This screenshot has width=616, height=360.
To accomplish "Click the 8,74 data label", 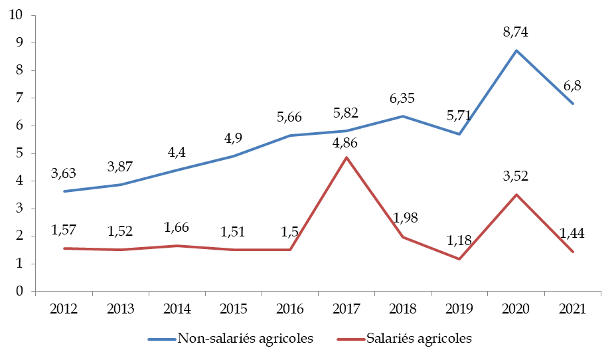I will pyautogui.click(x=516, y=32).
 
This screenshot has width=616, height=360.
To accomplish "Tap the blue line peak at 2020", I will pyautogui.click(x=516, y=50).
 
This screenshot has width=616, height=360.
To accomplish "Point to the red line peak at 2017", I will pyautogui.click(x=346, y=157).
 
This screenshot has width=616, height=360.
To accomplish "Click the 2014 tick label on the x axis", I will pyautogui.click(x=177, y=308).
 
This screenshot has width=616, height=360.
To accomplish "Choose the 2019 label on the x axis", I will pyautogui.click(x=460, y=308).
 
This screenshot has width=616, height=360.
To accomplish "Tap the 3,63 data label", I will pyautogui.click(x=63, y=174).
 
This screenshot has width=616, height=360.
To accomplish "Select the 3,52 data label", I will pyautogui.click(x=516, y=177).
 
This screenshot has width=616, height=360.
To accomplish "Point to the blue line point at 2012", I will pyautogui.click(x=63, y=191).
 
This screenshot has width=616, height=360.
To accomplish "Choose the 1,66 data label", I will pyautogui.click(x=177, y=228).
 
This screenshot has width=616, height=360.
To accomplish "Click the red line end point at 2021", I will pyautogui.click(x=573, y=252).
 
